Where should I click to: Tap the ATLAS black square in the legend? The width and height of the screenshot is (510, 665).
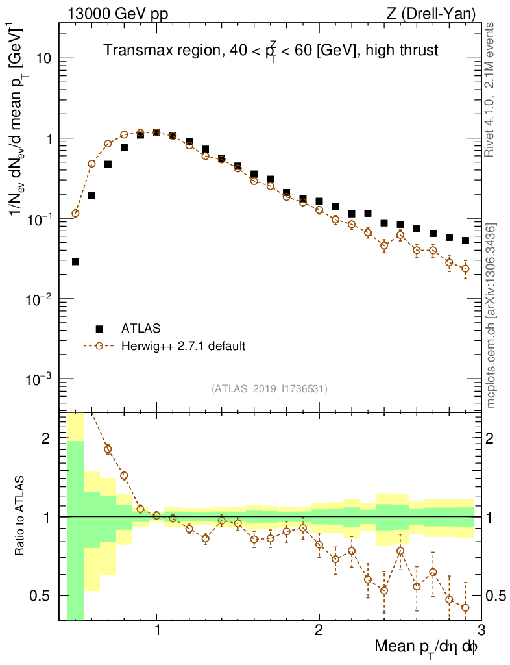pos(99,327)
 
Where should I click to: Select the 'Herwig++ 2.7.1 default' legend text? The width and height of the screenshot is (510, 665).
pos(183,346)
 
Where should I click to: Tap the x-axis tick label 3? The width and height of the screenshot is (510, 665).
pos(481,629)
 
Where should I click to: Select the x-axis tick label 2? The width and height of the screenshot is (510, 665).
pos(319,629)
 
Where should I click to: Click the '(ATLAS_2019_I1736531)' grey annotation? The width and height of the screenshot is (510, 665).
pos(269,389)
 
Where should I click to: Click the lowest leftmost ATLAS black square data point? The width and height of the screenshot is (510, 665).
pos(75,262)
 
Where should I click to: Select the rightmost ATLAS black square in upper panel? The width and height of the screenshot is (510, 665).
pos(465,241)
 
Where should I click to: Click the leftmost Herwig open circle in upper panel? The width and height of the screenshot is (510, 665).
pos(75,213)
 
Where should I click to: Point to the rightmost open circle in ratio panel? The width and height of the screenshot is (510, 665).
pos(465,608)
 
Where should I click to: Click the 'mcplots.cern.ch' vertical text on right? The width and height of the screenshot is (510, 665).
pos(491,312)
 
